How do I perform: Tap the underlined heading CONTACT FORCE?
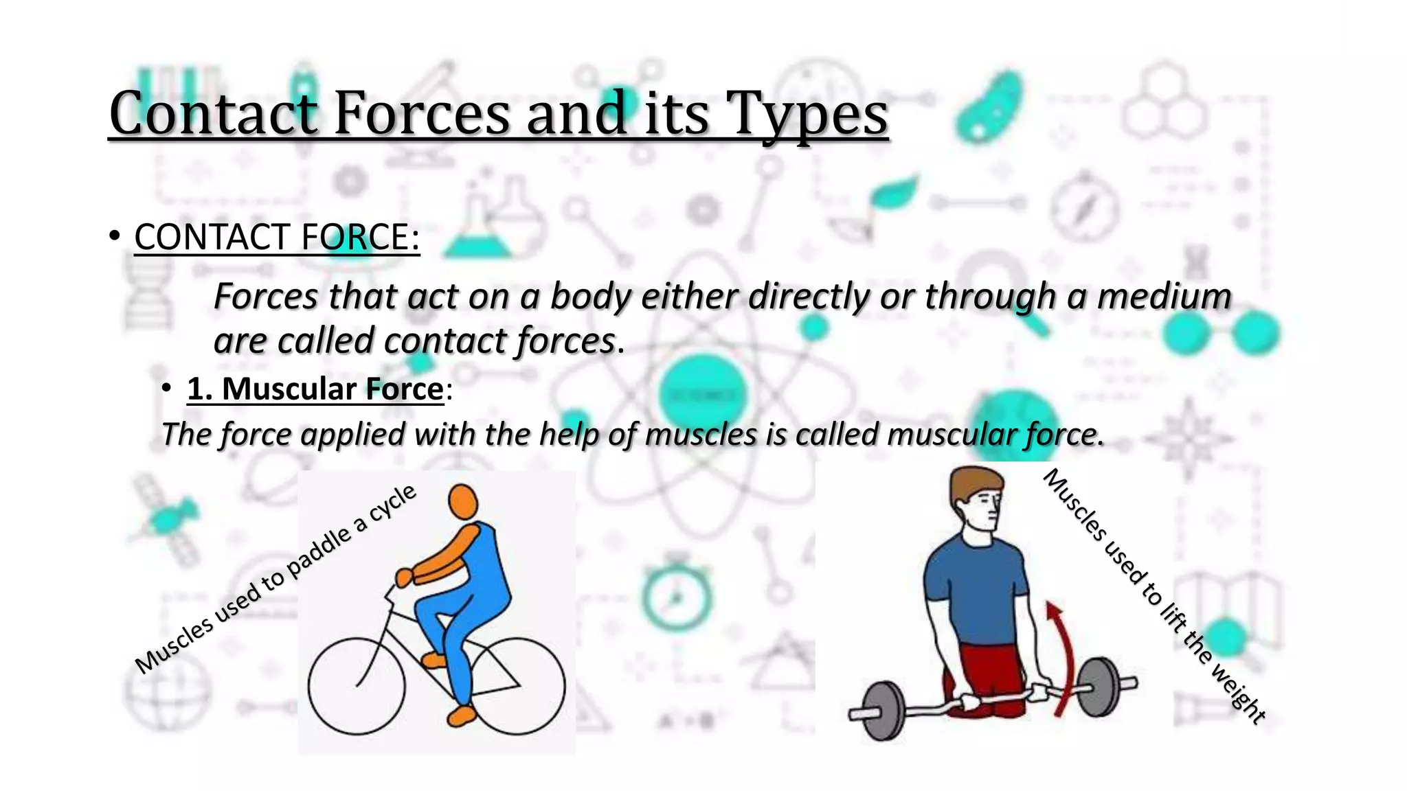pyautogui.click(x=276, y=238)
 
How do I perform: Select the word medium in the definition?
pyautogui.click(x=1164, y=297)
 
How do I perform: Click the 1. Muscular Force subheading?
pyautogui.click(x=315, y=389)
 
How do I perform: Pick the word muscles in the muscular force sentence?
pyautogui.click(x=701, y=435)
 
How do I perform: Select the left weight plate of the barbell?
pyautogui.click(x=882, y=711)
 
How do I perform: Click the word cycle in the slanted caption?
pyautogui.click(x=393, y=503)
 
